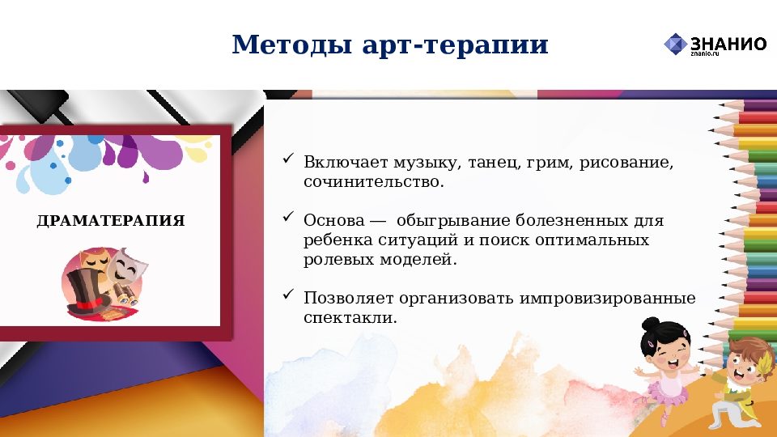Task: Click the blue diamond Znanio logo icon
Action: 675,44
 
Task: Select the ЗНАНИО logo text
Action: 728,44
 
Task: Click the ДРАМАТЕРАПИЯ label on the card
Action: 111,220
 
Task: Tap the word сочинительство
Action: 374,183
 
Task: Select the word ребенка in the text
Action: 337,241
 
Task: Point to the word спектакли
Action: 350,318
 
